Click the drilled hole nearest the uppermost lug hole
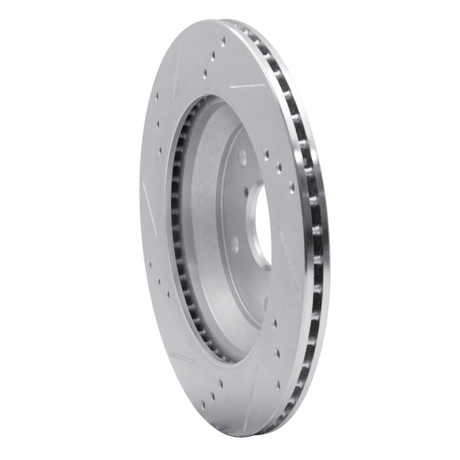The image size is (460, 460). tap(266, 154)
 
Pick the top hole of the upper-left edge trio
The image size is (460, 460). tap(156, 97)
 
